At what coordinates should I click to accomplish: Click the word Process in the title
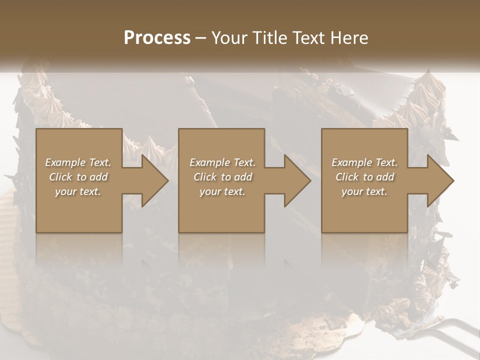[x=157, y=38]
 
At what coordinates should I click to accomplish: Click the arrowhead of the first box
[x=152, y=180]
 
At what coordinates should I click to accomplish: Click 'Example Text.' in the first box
[x=78, y=162]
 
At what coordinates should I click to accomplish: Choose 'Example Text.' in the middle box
[x=222, y=162]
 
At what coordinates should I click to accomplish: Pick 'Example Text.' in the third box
[x=364, y=162]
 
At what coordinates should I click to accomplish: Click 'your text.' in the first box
[x=78, y=191]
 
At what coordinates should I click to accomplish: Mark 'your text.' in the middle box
[x=222, y=191]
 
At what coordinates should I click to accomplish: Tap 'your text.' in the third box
[x=364, y=191]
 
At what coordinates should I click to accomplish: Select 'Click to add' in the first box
[x=78, y=177]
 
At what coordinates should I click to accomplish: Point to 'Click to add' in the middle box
[x=222, y=177]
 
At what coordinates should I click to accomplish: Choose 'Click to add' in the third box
[x=364, y=177]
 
